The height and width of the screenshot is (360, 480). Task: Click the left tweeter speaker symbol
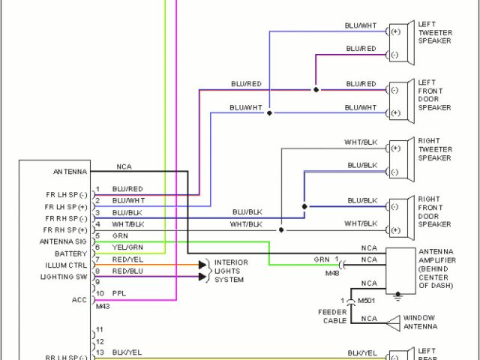click(409, 41)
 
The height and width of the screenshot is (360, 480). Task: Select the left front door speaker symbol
click(409, 100)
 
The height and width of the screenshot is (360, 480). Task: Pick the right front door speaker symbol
click(409, 217)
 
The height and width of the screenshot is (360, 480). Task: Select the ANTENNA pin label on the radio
click(70, 171)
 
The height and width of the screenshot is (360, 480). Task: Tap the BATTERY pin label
click(71, 253)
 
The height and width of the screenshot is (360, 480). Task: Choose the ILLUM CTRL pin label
click(67, 265)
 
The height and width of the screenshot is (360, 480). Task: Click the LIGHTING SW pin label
click(66, 277)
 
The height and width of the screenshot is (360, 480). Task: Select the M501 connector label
click(366, 301)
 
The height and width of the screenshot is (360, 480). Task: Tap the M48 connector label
click(332, 274)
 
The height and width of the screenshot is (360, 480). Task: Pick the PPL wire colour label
click(118, 293)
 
